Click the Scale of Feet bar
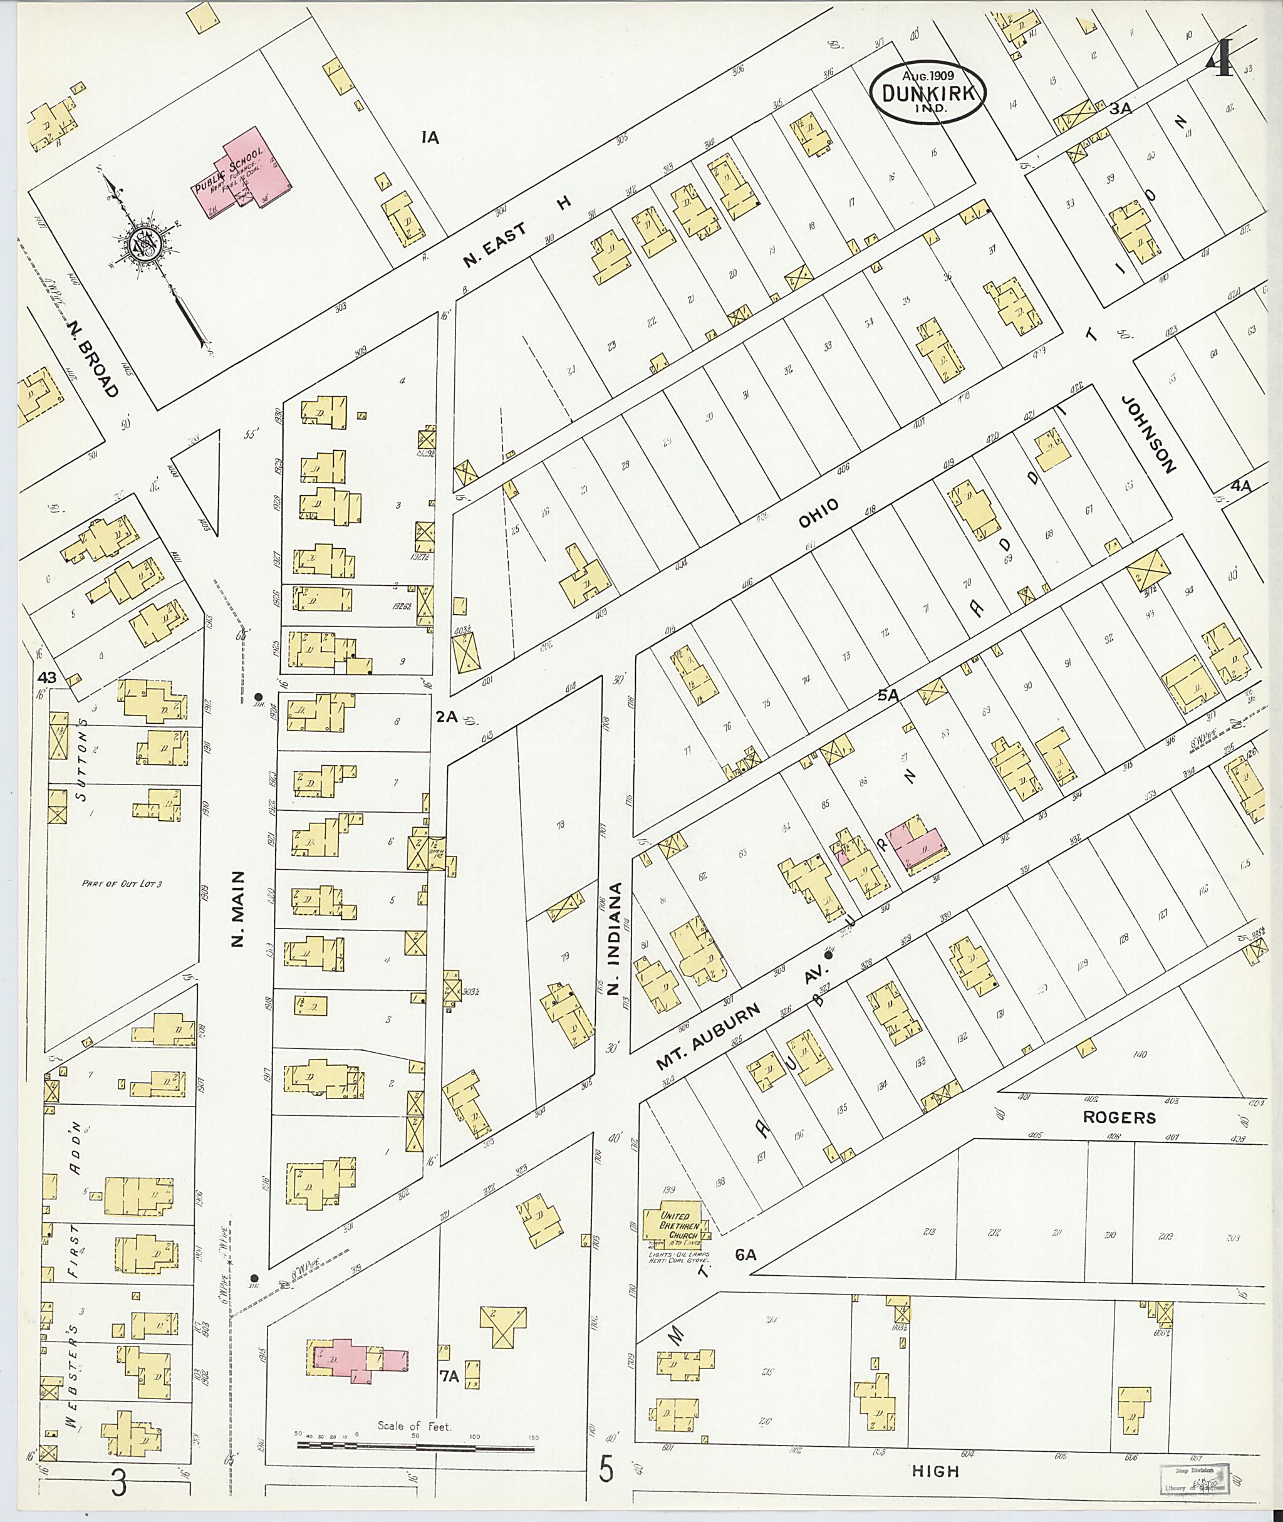(415, 1449)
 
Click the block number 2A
(446, 717)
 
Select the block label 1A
(430, 136)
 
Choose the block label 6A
(746, 1254)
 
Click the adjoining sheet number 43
(46, 677)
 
